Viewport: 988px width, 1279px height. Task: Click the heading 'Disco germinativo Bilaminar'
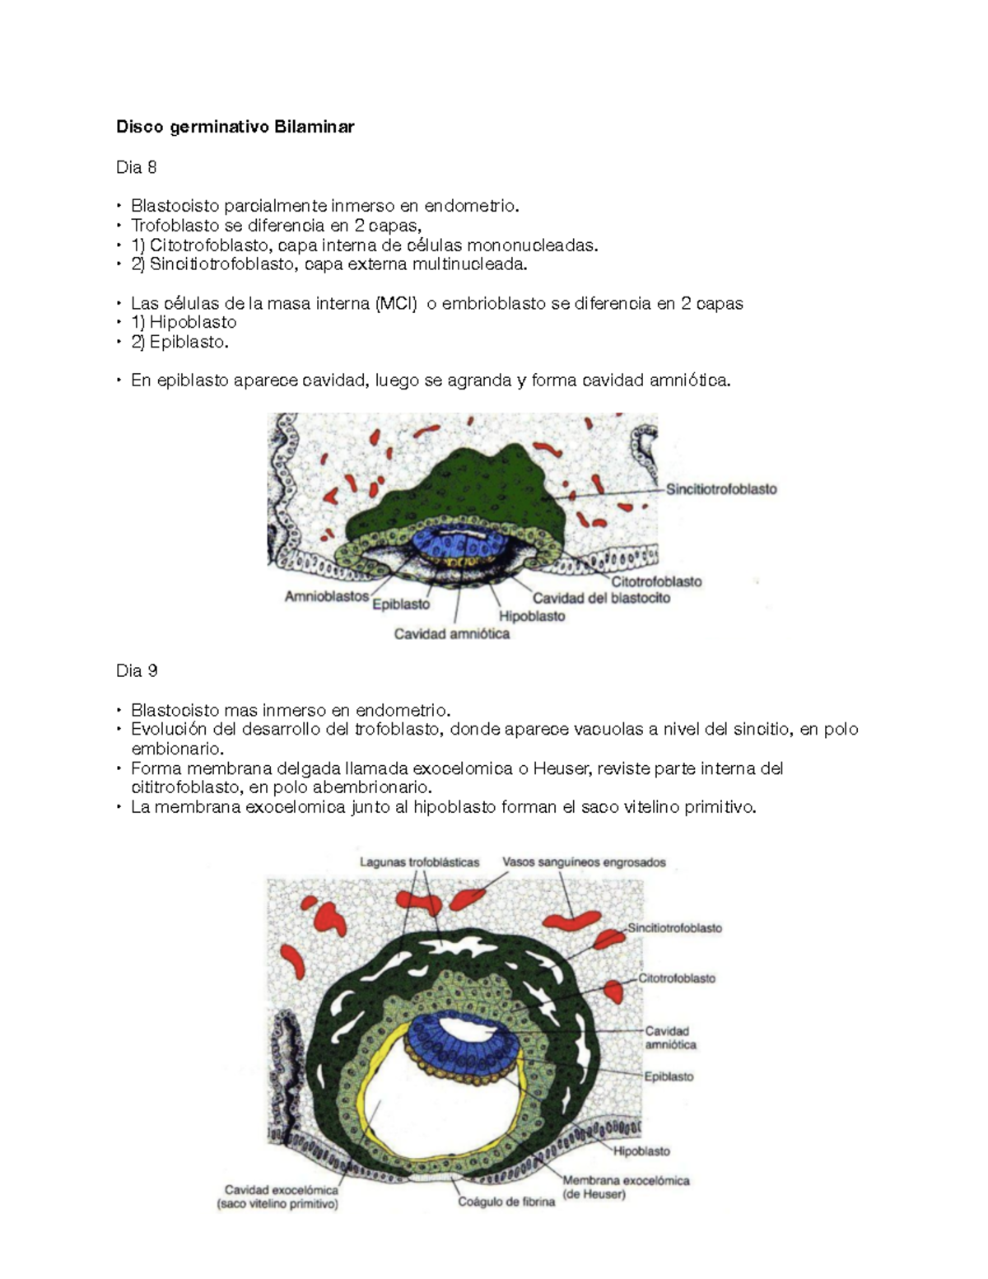pyautogui.click(x=235, y=127)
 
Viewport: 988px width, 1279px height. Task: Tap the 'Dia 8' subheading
pyautogui.click(x=136, y=168)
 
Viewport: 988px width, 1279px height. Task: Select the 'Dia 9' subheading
pyautogui.click(x=137, y=671)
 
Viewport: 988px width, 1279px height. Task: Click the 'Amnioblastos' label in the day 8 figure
pyautogui.click(x=327, y=596)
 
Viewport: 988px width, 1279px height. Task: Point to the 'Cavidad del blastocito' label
pyautogui.click(x=601, y=598)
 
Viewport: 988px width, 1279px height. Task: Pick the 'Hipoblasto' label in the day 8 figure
pyautogui.click(x=532, y=616)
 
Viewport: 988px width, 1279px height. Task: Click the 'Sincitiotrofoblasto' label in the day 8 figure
pyautogui.click(x=721, y=489)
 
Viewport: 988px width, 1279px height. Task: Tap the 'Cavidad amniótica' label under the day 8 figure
pyautogui.click(x=451, y=634)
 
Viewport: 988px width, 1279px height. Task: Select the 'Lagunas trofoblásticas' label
pyautogui.click(x=420, y=862)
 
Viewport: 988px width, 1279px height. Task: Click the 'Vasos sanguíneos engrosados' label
pyautogui.click(x=584, y=862)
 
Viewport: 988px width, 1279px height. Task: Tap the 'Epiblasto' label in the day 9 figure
pyautogui.click(x=669, y=1076)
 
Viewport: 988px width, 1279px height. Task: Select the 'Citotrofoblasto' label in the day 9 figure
pyautogui.click(x=677, y=979)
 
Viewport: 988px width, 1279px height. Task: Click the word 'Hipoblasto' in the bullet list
pyautogui.click(x=193, y=322)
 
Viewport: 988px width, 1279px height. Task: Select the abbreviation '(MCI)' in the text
pyautogui.click(x=396, y=304)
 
